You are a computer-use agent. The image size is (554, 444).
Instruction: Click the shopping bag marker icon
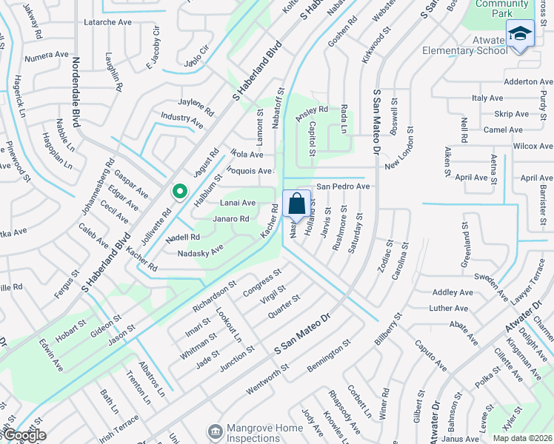pyautogui.click(x=296, y=203)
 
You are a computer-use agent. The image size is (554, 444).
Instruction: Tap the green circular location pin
pyautogui.click(x=179, y=192)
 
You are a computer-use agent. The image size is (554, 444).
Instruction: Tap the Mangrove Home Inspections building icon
pyautogui.click(x=216, y=430)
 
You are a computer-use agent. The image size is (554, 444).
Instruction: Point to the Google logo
pyautogui.click(x=24, y=436)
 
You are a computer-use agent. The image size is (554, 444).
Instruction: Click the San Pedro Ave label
pyautogui.click(x=343, y=186)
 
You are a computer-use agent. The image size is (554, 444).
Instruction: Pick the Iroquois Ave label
pyautogui.click(x=250, y=171)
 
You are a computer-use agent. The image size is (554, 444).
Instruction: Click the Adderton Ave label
pyautogui.click(x=528, y=81)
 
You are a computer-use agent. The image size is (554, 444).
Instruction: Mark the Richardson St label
pyautogui.click(x=213, y=295)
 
